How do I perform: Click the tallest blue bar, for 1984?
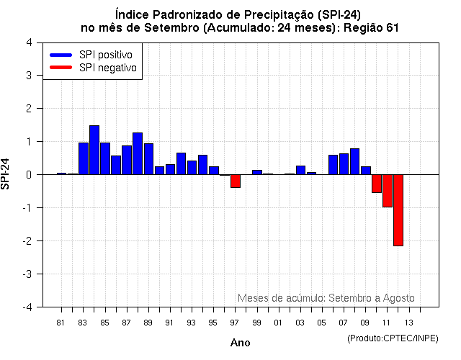coord(94,150)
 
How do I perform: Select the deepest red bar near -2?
coord(398,210)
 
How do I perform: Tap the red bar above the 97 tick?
coord(236,181)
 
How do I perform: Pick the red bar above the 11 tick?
coord(388,191)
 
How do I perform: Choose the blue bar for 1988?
coord(138,153)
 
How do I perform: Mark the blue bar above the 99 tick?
coord(257,172)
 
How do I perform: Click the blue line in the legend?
coord(61,55)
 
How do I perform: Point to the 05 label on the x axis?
coord(322,322)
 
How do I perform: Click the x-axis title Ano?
coord(240,343)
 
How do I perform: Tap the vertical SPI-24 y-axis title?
coord(6,174)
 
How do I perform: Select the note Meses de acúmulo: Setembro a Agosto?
coord(326,298)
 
